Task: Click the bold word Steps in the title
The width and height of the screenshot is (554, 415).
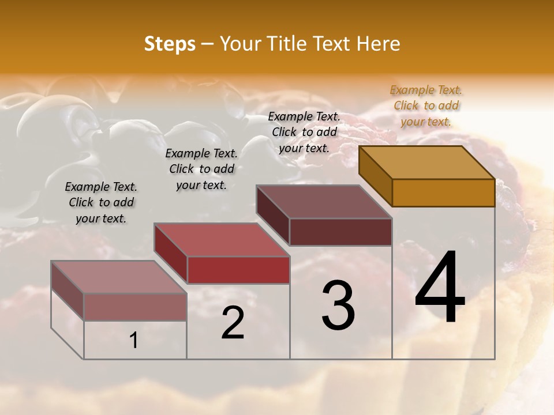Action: click(170, 44)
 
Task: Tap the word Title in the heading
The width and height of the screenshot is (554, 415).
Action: click(286, 44)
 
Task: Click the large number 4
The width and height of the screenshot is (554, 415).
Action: click(440, 288)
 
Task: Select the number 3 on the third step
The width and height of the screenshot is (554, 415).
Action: click(338, 305)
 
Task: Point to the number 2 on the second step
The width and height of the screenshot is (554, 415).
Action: click(233, 323)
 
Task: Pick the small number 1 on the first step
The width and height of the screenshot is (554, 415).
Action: click(134, 341)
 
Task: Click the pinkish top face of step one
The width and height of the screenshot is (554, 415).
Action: click(119, 277)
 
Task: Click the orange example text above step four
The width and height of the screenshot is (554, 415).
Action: click(426, 105)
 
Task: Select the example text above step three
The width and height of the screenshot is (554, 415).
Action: click(304, 132)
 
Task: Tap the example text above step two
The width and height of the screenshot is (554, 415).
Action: click(201, 169)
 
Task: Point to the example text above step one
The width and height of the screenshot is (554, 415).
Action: click(101, 202)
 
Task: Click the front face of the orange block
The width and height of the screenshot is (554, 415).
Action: click(443, 193)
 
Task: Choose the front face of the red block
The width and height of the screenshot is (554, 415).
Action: click(238, 270)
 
